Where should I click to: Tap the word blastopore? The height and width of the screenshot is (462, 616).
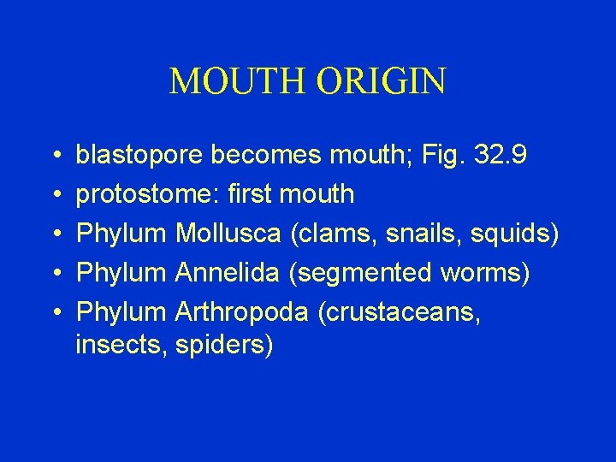coord(140,155)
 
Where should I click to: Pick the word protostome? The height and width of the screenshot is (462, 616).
coord(147,194)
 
